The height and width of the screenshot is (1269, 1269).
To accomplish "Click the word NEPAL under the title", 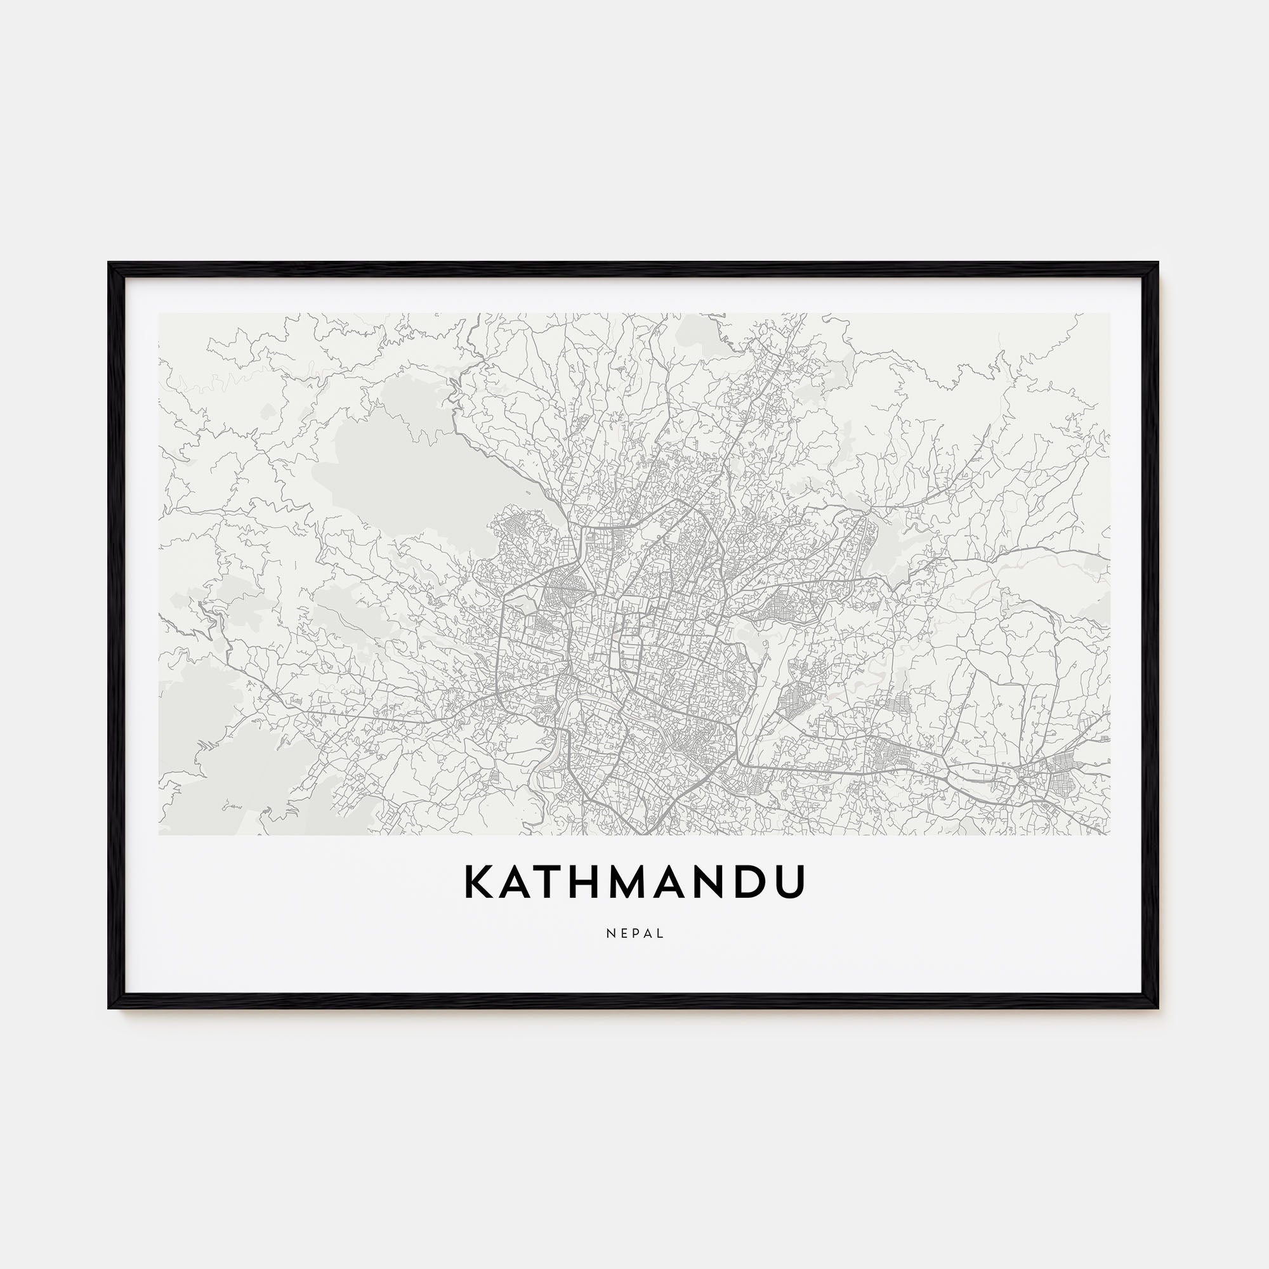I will pyautogui.click(x=634, y=933).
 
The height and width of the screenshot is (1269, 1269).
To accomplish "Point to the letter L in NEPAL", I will pyautogui.click(x=660, y=933).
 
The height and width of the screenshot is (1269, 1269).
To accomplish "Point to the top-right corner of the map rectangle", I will pyautogui.click(x=1109, y=313).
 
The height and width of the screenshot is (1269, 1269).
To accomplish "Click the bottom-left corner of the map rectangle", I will pyautogui.click(x=159, y=834).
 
